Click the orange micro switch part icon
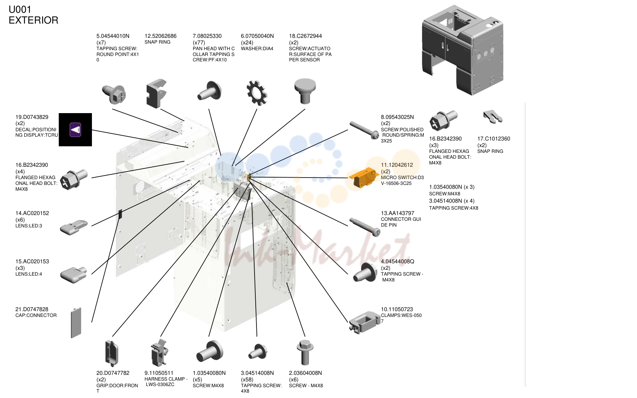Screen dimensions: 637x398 point(363,178)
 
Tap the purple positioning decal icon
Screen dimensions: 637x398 point(75,130)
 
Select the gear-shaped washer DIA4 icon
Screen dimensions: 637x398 point(257,93)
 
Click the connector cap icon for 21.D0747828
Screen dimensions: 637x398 point(76,322)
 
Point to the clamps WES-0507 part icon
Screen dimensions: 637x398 point(364,322)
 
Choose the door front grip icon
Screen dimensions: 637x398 point(112,353)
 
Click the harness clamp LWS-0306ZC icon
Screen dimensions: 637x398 point(159,352)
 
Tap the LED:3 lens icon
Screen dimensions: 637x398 point(74,227)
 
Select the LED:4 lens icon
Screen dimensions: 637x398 point(74,275)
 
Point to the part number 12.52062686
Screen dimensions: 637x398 point(160,36)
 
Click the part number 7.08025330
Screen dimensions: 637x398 point(207,36)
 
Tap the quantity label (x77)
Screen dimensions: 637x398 point(199,42)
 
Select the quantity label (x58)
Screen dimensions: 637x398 point(247,379)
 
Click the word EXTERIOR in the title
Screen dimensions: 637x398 point(34,20)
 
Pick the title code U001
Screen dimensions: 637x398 point(20,9)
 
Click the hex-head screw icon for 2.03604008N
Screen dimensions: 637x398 point(305,352)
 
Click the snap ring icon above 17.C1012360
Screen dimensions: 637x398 point(493,117)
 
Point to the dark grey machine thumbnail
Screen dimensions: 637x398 point(463,50)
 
